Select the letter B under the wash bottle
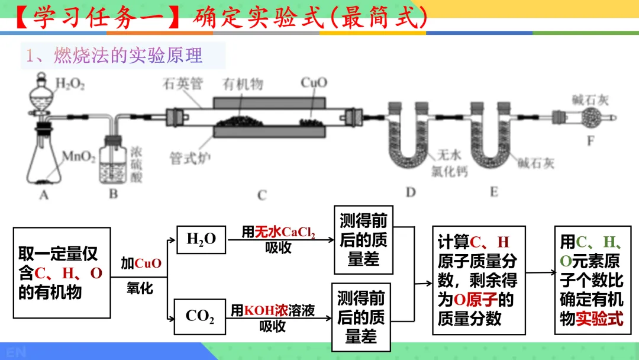113,194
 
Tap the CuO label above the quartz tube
313,83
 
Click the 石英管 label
180,84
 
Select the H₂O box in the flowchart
201,239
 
